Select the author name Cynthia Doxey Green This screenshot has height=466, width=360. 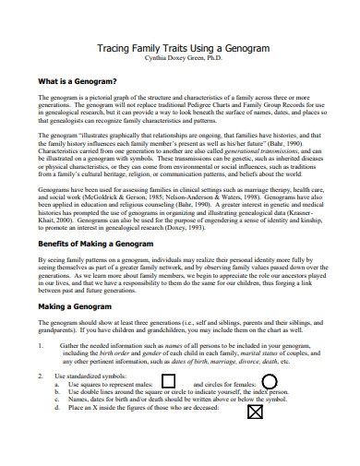pos(179,57)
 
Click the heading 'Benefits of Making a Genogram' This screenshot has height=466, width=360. pos(96,269)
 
